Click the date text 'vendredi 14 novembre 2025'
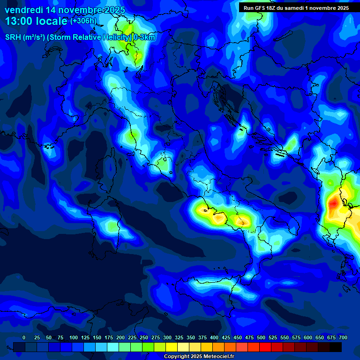pos(65,10)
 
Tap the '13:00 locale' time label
pos(37,21)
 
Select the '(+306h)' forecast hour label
pos(83,21)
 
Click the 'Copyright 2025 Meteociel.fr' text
pos(199,357)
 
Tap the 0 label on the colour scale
pos(24,338)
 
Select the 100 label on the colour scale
pos(74,338)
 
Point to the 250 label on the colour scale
pos(144,338)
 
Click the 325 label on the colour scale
pos(179,338)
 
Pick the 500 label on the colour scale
pos(261,338)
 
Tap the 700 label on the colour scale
pos(343,338)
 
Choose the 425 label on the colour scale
pos(226,338)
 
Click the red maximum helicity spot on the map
pos(333,204)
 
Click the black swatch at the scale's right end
pos(336,347)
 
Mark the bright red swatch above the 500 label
pos(265,347)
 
